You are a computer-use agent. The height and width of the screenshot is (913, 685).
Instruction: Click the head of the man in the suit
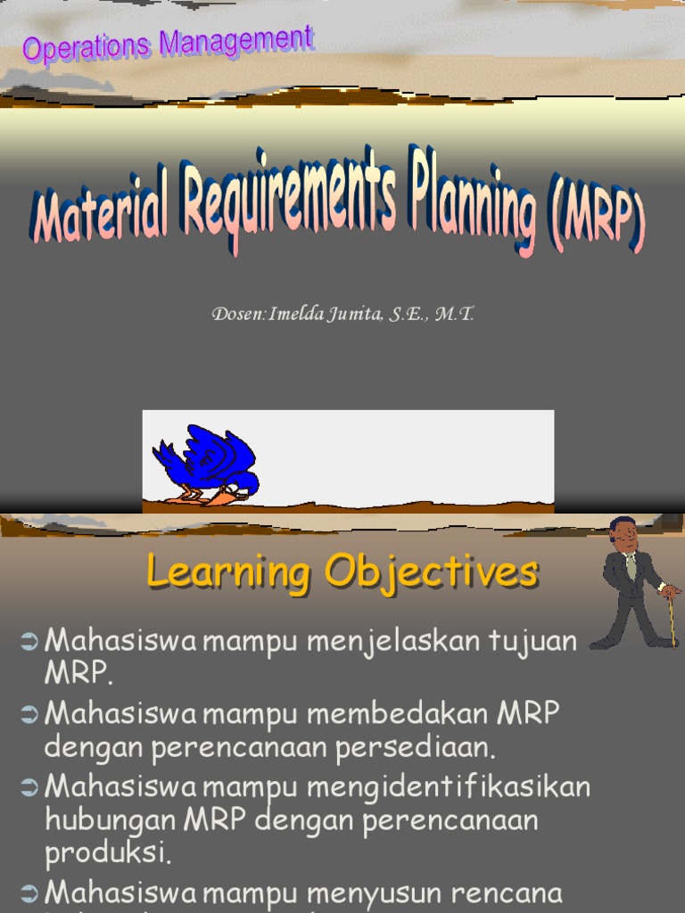(623, 533)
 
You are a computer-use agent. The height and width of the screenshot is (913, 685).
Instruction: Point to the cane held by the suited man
(671, 615)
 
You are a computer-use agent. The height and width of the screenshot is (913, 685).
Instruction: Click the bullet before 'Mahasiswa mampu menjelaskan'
(29, 639)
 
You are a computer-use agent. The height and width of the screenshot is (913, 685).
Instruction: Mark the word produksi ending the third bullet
(106, 852)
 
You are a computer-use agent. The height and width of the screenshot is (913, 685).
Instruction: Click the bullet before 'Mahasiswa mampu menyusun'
(29, 892)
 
